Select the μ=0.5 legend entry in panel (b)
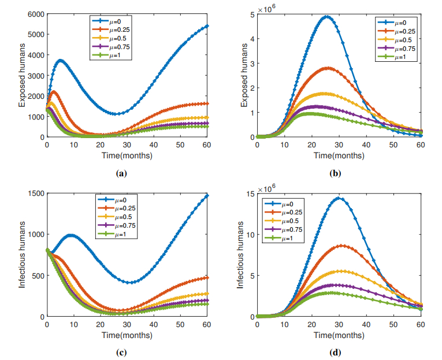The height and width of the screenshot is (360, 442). click(x=401, y=39)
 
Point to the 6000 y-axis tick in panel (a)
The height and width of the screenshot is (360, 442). click(x=35, y=14)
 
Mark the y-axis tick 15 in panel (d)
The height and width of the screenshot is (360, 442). click(x=248, y=193)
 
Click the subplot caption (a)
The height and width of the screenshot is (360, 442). click(x=121, y=173)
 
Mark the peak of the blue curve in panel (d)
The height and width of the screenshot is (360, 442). click(x=339, y=198)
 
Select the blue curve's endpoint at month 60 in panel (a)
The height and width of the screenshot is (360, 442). click(x=207, y=26)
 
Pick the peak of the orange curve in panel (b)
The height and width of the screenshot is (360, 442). click(x=328, y=68)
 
